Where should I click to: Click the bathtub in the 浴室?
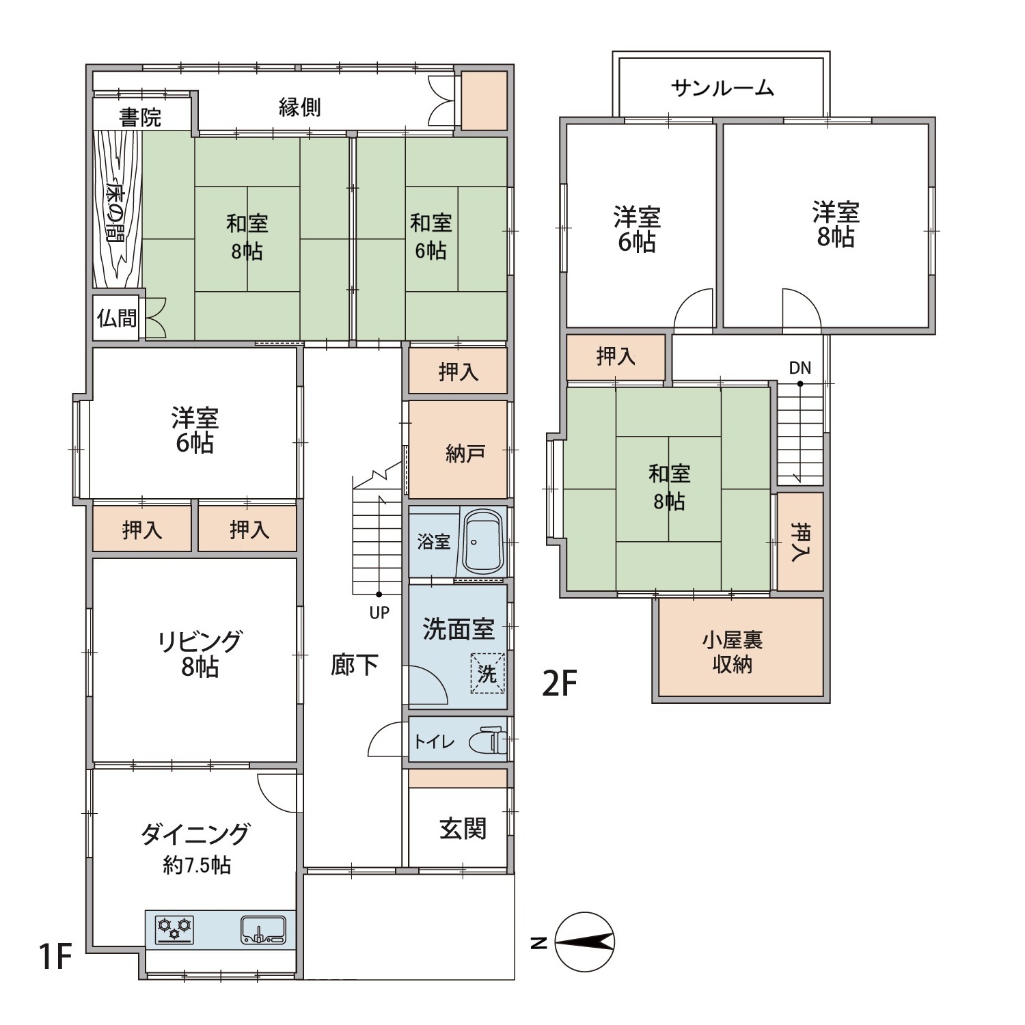[483, 542]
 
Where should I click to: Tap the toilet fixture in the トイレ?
[489, 741]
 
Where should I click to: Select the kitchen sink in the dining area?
[263, 930]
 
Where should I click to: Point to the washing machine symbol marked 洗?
[487, 674]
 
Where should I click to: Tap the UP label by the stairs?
[379, 613]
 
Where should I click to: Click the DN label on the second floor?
[799, 368]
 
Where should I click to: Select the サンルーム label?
[722, 88]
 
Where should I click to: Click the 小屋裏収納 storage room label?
[732, 652]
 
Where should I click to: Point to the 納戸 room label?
[465, 453]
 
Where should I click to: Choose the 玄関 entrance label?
[463, 829]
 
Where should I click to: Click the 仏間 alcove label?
[117, 318]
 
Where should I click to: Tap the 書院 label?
[140, 118]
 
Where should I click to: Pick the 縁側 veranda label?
[299, 107]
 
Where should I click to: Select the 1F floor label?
[55, 956]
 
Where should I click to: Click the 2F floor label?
[560, 683]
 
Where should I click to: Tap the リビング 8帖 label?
[200, 653]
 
